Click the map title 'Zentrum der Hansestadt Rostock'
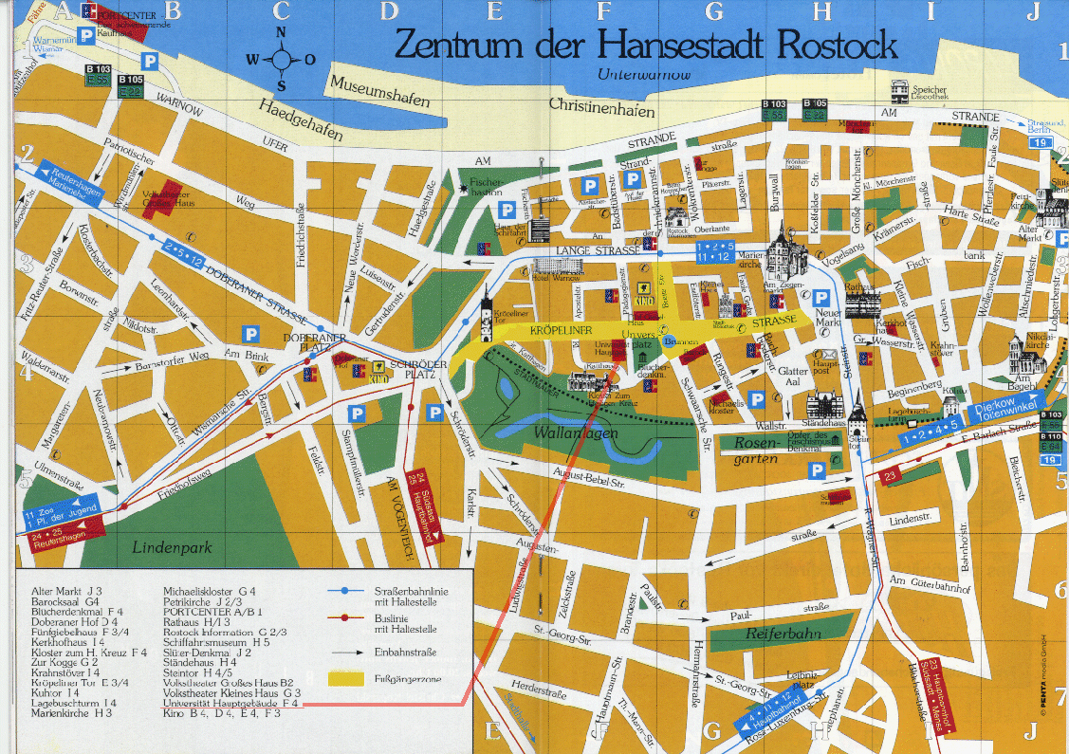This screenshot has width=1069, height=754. (x=645, y=45)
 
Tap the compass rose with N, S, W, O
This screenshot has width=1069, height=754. (x=282, y=59)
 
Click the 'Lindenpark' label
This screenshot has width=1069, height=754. (x=173, y=547)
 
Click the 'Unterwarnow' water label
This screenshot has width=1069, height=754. (x=644, y=74)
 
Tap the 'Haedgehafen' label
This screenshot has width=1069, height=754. (x=301, y=120)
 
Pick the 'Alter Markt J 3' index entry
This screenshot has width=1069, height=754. (x=65, y=591)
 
